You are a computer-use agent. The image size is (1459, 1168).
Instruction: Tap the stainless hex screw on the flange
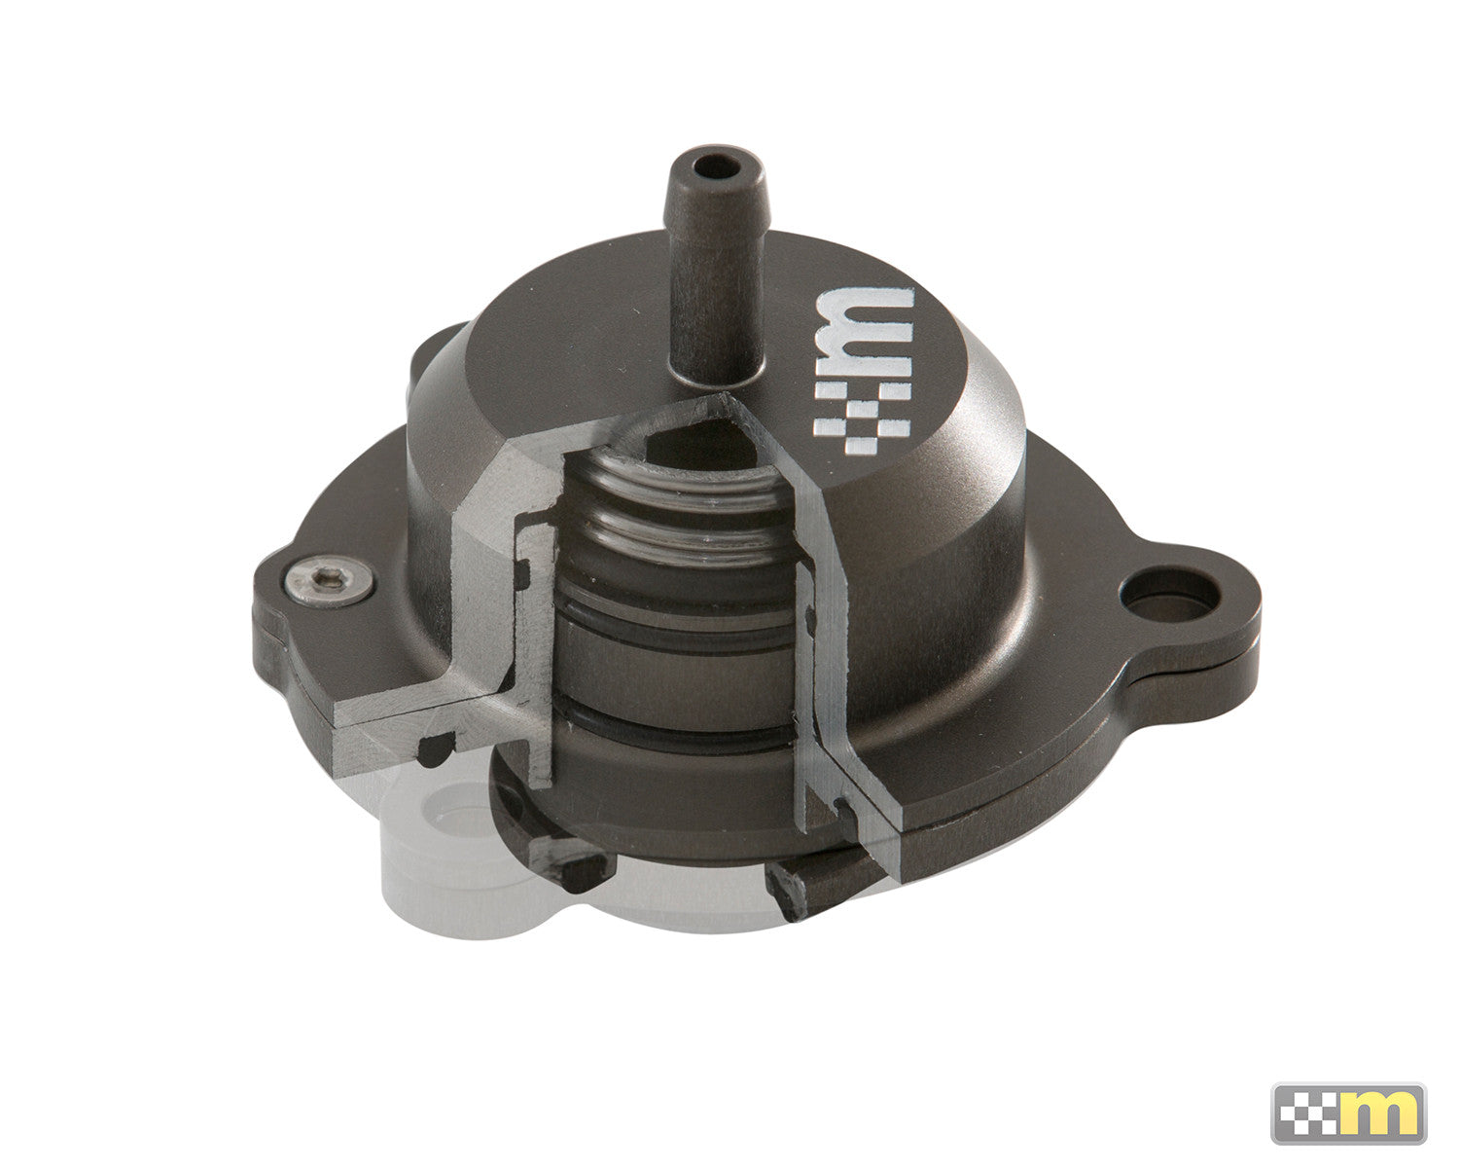[328, 583]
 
